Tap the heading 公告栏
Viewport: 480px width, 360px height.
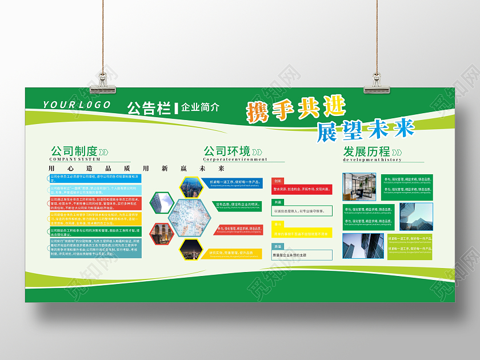point(149,107)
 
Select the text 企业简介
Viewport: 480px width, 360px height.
point(200,107)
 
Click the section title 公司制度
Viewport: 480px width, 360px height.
point(74,151)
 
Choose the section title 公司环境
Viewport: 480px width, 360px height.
point(227,151)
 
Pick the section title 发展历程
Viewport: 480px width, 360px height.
point(366,151)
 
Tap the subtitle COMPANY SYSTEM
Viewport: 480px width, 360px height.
point(75,159)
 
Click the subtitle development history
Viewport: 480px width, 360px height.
point(372,160)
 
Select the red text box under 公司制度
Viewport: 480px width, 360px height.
point(94,203)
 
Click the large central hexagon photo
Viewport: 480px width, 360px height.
point(189,217)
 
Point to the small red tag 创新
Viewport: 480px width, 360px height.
point(278,181)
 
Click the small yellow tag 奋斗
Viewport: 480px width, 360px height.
point(277,225)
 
